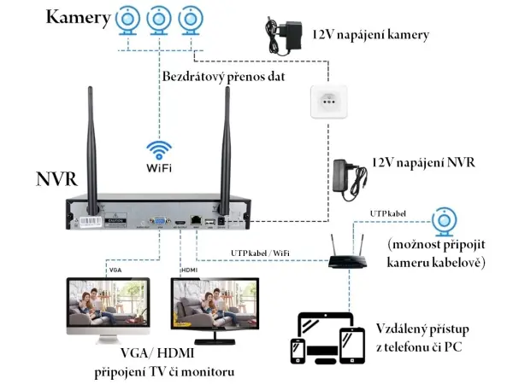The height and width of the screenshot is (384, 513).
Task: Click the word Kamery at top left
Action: click(78, 18)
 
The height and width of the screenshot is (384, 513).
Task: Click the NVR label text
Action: click(57, 179)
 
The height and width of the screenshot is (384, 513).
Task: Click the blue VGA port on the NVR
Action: click(159, 221)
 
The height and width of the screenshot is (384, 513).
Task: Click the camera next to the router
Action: click(444, 221)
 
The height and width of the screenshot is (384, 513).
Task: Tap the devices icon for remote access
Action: click(325, 337)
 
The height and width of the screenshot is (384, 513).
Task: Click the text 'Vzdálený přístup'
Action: click(422, 329)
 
